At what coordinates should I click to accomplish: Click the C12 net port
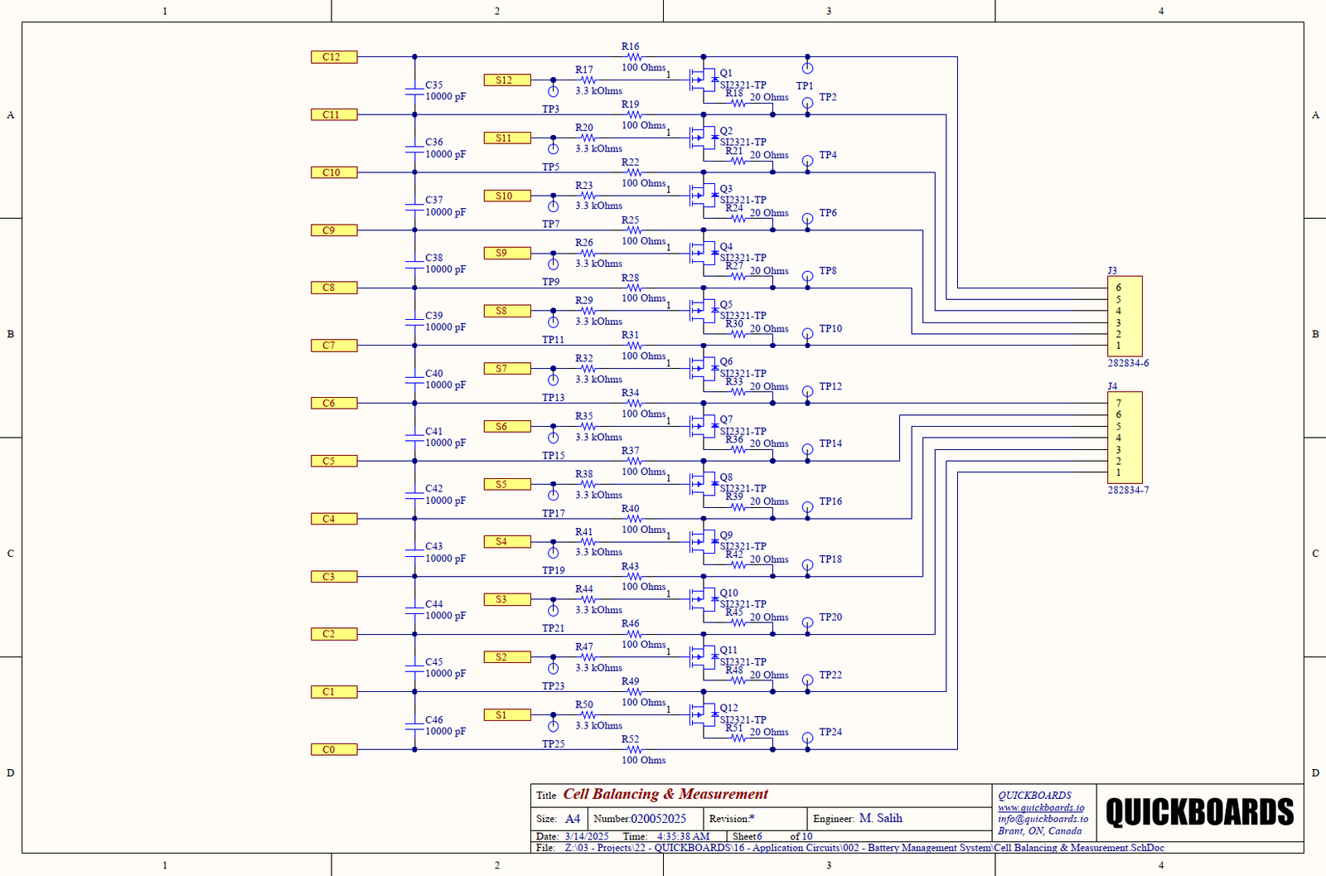[x=334, y=57]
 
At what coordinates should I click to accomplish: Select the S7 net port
[x=507, y=369]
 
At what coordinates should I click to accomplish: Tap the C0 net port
[x=334, y=749]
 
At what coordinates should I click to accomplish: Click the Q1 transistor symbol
[x=703, y=80]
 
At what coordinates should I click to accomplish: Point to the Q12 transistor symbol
[x=703, y=715]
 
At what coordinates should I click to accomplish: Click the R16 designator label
[x=630, y=47]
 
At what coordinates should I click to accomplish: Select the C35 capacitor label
[x=434, y=85]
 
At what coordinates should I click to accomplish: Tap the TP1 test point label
[x=805, y=86]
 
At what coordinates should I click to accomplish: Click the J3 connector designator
[x=1112, y=271]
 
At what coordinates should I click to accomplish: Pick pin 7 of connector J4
[x=1118, y=404]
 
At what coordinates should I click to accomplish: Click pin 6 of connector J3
[x=1118, y=288]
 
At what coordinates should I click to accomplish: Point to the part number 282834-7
[x=1128, y=491]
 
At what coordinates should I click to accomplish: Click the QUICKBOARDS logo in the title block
[x=1199, y=812]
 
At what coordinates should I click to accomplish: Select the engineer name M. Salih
[x=880, y=819]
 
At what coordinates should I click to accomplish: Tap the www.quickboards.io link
[x=1040, y=808]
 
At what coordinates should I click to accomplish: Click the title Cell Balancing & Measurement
[x=665, y=794]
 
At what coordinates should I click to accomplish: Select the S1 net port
[x=507, y=715]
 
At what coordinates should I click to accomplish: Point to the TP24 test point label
[x=830, y=733]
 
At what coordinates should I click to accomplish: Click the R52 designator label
[x=630, y=739]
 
